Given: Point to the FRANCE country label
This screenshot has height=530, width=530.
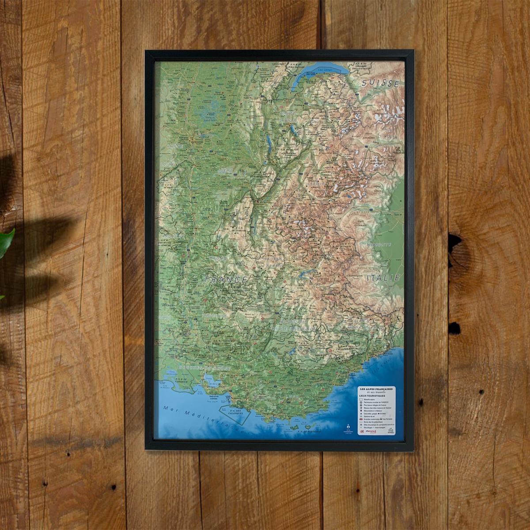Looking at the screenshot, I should click(226, 279).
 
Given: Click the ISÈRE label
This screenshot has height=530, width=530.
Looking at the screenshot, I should click(225, 169).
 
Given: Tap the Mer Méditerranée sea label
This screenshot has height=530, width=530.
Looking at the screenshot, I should click(201, 418).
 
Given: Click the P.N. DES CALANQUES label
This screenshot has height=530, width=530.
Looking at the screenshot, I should click(234, 413).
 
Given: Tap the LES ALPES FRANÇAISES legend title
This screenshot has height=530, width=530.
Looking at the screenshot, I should click(376, 389).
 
